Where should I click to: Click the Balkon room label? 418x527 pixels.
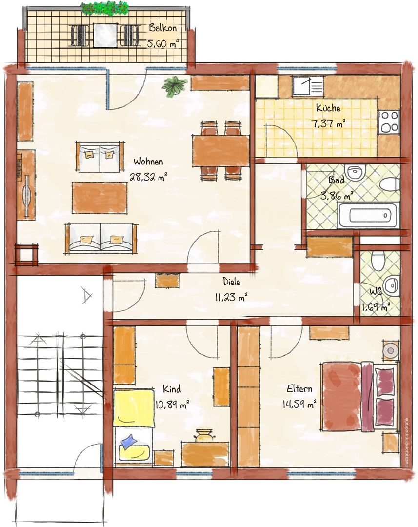162,27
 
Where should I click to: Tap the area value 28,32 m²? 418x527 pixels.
148,177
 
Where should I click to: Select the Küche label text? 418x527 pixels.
328,108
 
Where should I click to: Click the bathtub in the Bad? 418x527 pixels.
368,216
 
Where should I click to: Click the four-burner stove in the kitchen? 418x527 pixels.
389,122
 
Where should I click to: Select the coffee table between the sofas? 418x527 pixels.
100,198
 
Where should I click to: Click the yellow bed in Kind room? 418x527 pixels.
133,427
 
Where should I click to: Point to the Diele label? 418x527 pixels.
232,281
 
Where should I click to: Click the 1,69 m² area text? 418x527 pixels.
376,307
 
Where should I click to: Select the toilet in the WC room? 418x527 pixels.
378,261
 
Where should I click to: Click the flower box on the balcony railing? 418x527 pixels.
105,8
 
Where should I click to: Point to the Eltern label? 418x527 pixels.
299,389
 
